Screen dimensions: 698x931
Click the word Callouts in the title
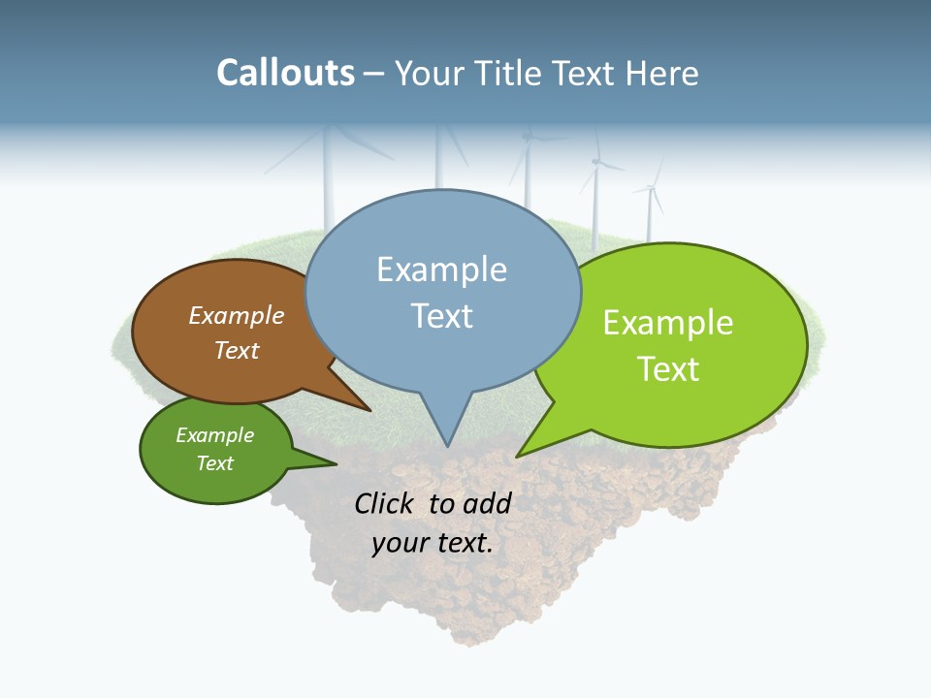[285, 73]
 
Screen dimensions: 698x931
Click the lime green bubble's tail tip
[518, 455]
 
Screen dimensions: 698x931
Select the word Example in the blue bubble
[441, 270]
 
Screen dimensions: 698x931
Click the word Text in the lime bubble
[668, 369]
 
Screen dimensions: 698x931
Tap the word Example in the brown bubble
[237, 316]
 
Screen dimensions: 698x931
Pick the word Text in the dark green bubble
[214, 463]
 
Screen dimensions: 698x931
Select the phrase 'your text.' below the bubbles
[433, 544]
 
